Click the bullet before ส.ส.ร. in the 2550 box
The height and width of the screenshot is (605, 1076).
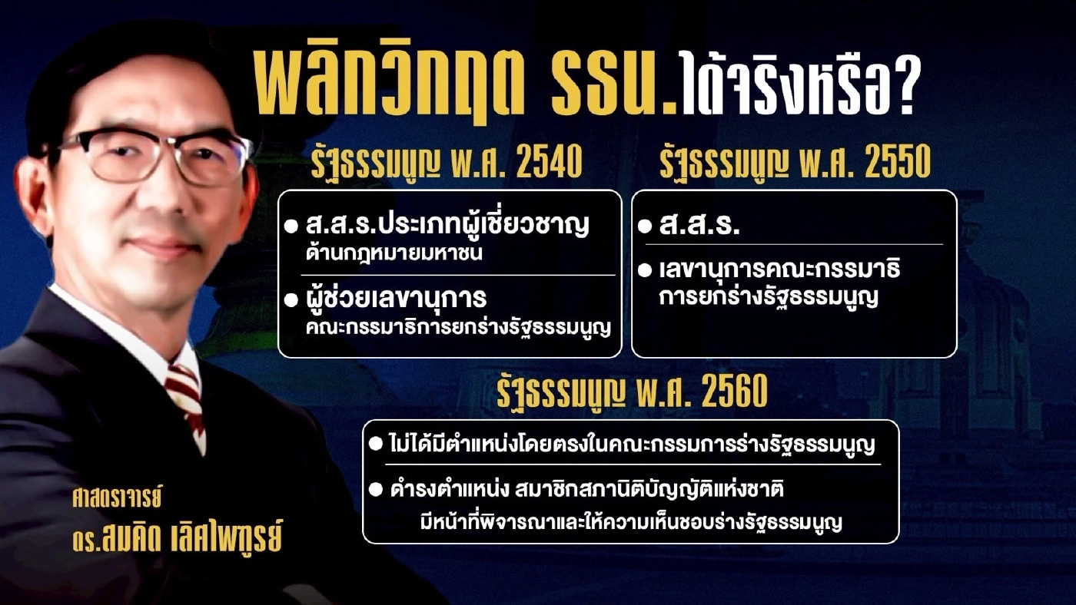pyautogui.click(x=645, y=228)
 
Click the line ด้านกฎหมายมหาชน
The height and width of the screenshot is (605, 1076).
pyautogui.click(x=393, y=254)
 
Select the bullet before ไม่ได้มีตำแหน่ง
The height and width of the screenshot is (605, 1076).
pyautogui.click(x=375, y=444)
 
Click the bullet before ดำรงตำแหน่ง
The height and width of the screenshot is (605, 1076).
pyautogui.click(x=375, y=489)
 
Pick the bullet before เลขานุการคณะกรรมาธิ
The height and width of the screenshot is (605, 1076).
pyautogui.click(x=645, y=270)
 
